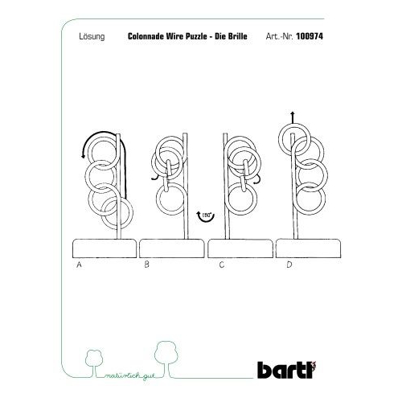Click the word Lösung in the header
click(x=92, y=36)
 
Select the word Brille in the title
click(x=237, y=36)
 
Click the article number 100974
click(x=310, y=36)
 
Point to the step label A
click(x=79, y=265)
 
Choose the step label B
click(x=146, y=265)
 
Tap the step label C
click(x=222, y=265)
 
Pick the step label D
click(x=289, y=265)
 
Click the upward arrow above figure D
click(x=293, y=117)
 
